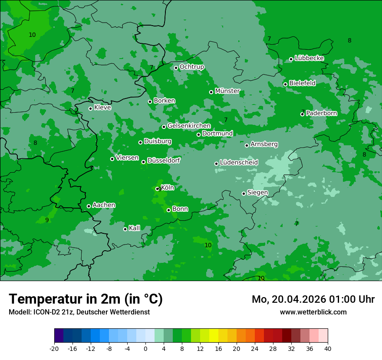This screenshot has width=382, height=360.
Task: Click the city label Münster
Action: point(227,91)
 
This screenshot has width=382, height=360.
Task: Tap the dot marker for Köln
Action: point(158,189)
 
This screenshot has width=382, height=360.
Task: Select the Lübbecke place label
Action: point(309,58)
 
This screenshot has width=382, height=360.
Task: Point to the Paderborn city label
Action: point(321,113)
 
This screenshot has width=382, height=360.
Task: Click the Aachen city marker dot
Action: point(89,206)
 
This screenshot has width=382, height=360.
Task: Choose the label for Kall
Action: point(135,228)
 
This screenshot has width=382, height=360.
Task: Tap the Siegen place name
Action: point(257,193)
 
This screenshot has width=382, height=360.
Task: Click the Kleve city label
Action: point(102,108)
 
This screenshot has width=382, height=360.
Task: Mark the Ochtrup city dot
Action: point(176,68)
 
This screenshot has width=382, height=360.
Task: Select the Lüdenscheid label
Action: point(239,163)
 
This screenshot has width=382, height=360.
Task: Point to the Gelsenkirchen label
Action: point(189,126)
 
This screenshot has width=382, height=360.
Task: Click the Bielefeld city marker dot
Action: point(285,84)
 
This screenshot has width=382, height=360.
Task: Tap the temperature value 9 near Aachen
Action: point(47,220)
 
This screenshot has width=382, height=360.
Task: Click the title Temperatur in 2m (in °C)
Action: point(86,299)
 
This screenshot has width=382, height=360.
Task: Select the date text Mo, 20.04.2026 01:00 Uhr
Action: point(313,299)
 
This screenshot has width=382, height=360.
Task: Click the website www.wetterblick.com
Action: point(313,312)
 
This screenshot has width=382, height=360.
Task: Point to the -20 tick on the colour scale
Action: point(54,348)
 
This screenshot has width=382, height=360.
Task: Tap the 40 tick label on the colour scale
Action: point(328,348)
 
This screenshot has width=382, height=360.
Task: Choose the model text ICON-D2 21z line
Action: point(79,312)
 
